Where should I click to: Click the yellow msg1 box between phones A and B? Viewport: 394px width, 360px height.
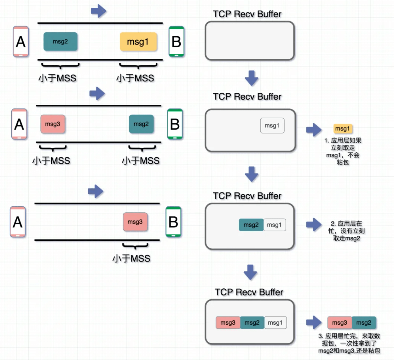tap(138, 42)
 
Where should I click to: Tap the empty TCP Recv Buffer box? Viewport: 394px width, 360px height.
tap(250, 41)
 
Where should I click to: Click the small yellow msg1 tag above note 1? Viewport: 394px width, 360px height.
tap(343, 128)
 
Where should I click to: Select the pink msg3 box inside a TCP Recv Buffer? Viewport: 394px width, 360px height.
tap(228, 322)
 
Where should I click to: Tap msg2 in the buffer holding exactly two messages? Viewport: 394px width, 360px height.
tap(251, 225)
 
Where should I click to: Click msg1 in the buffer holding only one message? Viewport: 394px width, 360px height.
tap(272, 126)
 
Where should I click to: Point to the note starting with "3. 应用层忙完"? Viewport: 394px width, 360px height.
tap(349, 343)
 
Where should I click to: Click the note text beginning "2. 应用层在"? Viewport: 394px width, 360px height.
tap(346, 231)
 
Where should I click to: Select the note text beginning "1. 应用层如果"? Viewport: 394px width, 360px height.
tap(343, 151)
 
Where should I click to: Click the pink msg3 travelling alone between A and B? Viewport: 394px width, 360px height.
tap(135, 222)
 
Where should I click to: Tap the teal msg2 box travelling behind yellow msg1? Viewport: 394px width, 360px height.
tap(60, 41)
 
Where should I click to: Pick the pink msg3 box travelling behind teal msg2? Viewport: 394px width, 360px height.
tap(53, 124)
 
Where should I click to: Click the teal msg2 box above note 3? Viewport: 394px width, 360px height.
tap(364, 322)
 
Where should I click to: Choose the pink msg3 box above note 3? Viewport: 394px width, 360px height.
tap(339, 322)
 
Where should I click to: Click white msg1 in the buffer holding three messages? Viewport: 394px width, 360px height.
tap(275, 322)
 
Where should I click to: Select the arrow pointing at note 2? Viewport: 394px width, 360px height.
tap(314, 225)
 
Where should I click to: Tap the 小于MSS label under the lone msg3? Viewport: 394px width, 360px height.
tap(131, 259)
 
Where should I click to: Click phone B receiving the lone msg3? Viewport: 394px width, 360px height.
tap(173, 222)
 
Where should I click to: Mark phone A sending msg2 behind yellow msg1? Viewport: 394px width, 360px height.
tap(21, 42)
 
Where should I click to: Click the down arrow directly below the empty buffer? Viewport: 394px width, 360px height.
tap(252, 78)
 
